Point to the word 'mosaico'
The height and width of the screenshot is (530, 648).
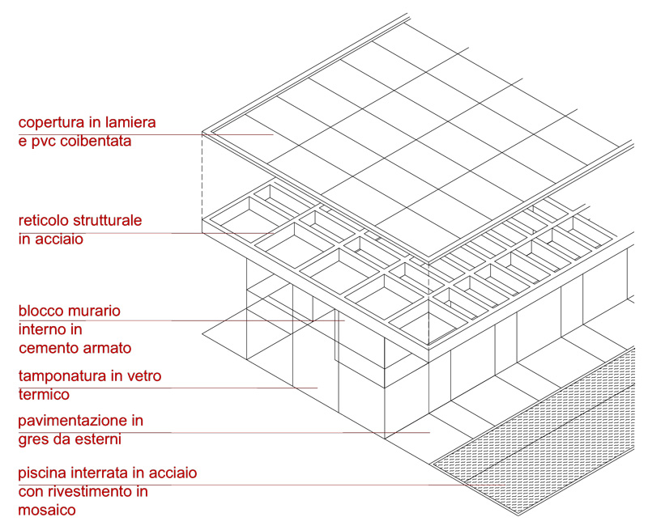click(x=47, y=510)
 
